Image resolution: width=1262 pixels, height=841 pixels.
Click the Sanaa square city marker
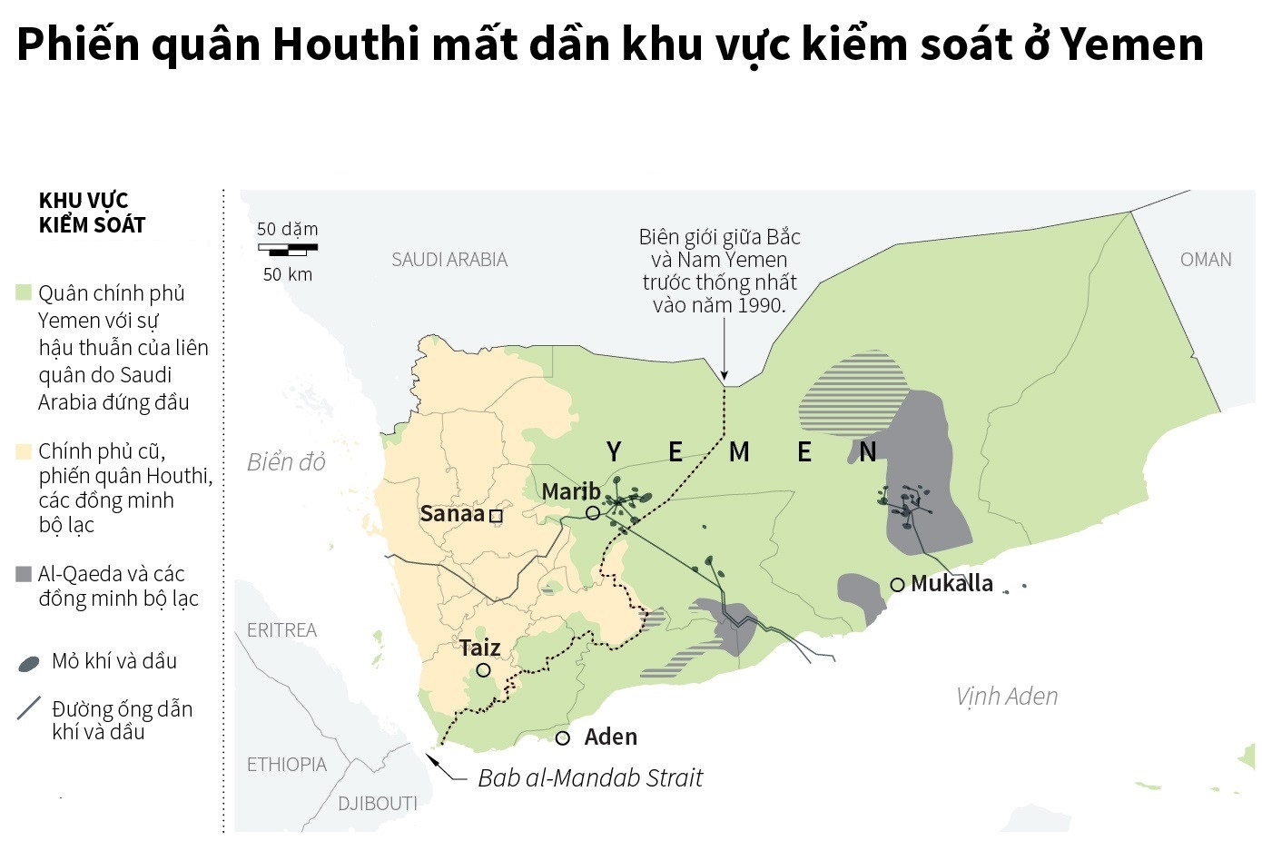pos(496,516)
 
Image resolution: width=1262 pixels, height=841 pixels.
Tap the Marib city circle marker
pos(593,512)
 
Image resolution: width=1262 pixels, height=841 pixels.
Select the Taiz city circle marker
pos(483,670)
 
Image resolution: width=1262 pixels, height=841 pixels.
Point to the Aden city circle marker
pos(563,738)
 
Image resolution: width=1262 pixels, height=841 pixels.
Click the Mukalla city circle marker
pos(897,585)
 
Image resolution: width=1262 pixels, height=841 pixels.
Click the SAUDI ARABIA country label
pos(449,260)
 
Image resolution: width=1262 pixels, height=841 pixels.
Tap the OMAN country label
pos(1206,260)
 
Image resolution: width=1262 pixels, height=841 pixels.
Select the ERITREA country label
pos(281,630)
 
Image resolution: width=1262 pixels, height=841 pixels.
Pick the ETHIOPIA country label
pos(286,765)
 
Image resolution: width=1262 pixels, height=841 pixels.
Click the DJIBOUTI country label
pos(378,804)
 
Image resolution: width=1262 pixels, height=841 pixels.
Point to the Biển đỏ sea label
pos(286,462)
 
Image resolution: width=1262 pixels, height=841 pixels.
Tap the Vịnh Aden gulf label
pos(1007,697)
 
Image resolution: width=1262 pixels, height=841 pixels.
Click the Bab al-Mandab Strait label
pos(590,778)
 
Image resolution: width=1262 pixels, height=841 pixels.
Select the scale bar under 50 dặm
pos(288,248)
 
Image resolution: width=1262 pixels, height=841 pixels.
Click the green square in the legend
pos(24,293)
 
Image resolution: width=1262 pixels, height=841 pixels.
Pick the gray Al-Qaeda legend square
pos(24,574)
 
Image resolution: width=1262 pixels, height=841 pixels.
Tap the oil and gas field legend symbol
pos(29,664)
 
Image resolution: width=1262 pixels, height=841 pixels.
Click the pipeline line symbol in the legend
pos(29,708)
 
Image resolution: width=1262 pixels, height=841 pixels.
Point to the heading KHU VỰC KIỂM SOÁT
pos(92,213)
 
